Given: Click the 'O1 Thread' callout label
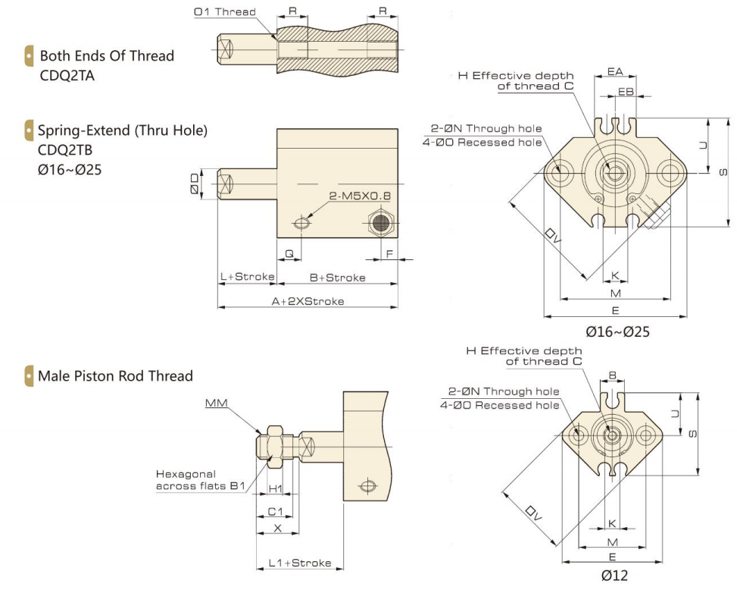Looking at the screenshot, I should pyautogui.click(x=225, y=12).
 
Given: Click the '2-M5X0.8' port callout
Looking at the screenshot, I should pyautogui.click(x=360, y=196).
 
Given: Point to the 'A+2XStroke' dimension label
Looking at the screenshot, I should pyautogui.click(x=308, y=301).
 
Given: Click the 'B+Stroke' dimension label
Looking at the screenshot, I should pyautogui.click(x=339, y=277).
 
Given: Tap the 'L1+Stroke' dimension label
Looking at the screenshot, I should pyautogui.click(x=300, y=563).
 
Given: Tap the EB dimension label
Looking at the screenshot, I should pyautogui.click(x=626, y=91).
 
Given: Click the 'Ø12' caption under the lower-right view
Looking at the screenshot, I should pyautogui.click(x=614, y=576).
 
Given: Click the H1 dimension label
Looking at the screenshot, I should pyautogui.click(x=276, y=489).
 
